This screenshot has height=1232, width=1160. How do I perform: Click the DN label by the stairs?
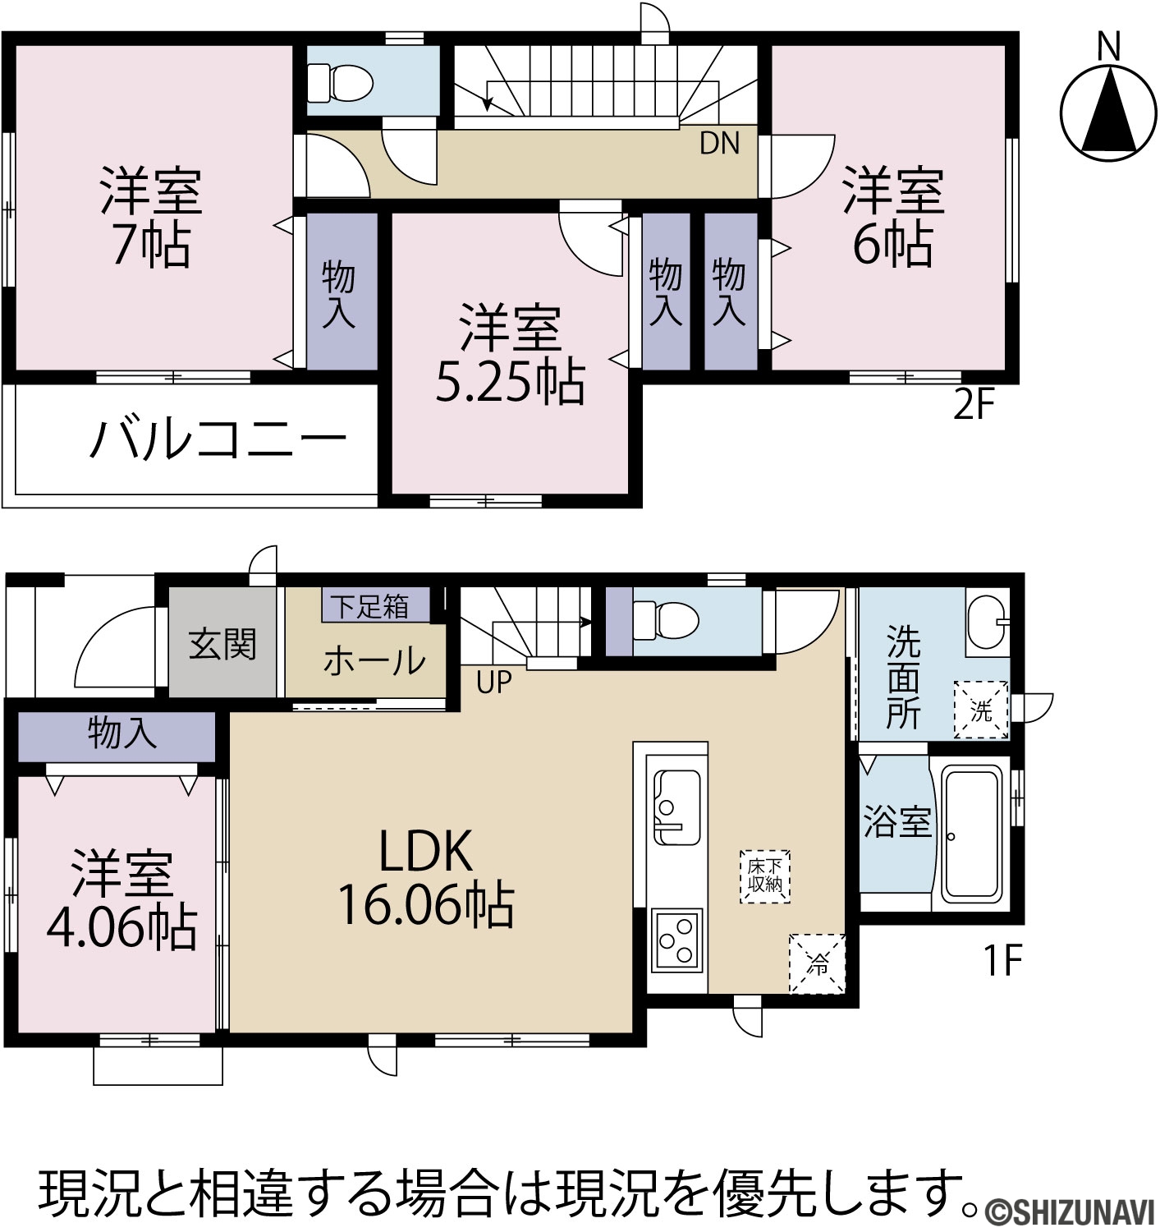pos(720,144)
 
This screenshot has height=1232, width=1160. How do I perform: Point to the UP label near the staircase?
pos(493,683)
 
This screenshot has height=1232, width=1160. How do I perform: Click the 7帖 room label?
pos(151,246)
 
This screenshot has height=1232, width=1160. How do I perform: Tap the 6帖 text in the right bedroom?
pos(892,245)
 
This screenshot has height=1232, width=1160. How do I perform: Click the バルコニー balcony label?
pos(218,439)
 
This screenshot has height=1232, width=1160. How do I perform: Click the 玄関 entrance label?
pos(222,643)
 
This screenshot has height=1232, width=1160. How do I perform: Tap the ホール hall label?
pos(374,660)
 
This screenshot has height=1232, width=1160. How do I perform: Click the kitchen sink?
pos(676,807)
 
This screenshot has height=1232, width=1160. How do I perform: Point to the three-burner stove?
pos(676,941)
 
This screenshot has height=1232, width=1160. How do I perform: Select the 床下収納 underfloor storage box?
pos(765,876)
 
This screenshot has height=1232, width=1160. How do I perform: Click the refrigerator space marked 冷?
pos(817,964)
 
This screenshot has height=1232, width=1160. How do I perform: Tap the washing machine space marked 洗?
pos(981,710)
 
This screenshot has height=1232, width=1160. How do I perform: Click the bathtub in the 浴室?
pos(971,833)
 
